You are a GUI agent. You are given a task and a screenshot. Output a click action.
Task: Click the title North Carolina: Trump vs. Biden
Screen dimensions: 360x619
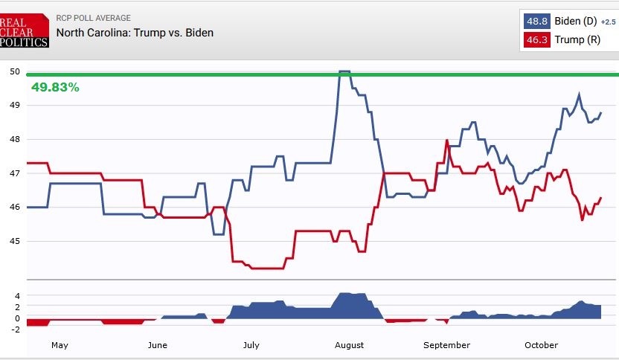(135, 33)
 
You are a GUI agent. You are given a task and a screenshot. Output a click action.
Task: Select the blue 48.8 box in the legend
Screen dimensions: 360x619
(537, 22)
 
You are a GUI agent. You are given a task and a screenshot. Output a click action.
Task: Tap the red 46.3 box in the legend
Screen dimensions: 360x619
(537, 39)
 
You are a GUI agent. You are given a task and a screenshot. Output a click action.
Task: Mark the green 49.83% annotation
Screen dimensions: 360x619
(55, 87)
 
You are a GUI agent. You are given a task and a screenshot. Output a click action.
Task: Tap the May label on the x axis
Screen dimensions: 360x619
(60, 345)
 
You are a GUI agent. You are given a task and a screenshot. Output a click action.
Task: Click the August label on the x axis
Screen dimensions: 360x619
(349, 345)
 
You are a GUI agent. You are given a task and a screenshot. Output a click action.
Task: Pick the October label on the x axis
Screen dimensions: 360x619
(541, 345)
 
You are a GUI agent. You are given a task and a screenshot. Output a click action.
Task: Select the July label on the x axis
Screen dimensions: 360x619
(251, 345)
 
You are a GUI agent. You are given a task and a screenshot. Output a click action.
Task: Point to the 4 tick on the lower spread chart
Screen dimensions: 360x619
(17, 295)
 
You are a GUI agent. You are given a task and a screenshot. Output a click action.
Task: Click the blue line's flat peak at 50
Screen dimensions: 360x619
(344, 71)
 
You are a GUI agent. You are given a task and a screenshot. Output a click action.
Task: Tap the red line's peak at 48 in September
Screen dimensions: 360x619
(446, 140)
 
